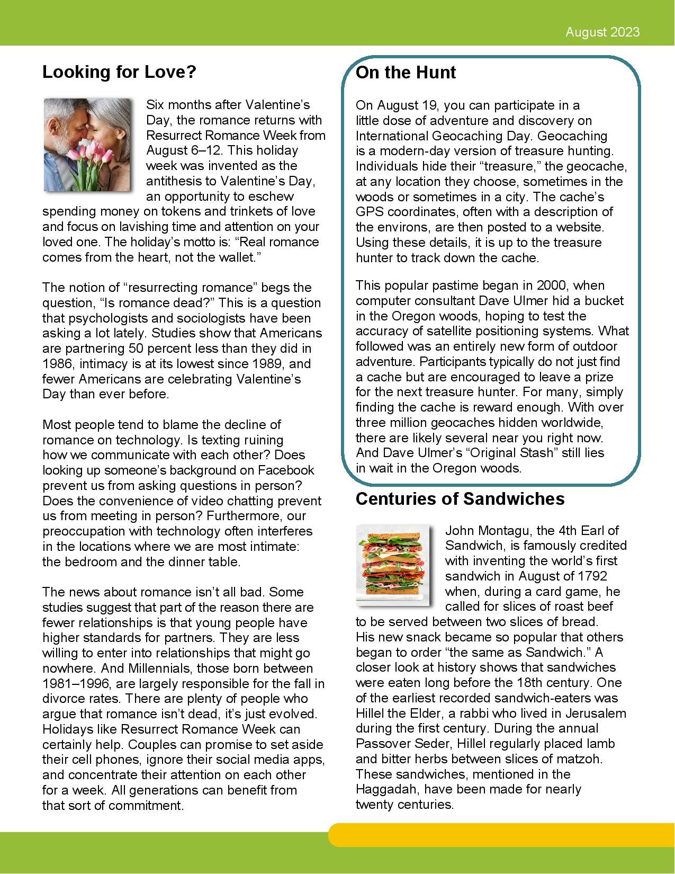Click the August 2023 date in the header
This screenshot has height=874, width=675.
click(x=602, y=32)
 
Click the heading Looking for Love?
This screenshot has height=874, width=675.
click(x=119, y=72)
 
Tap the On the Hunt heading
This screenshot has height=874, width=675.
click(x=406, y=72)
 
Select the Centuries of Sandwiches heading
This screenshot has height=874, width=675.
click(x=460, y=499)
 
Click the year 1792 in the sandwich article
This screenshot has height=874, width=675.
click(x=591, y=576)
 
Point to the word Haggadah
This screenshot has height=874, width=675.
click(x=388, y=790)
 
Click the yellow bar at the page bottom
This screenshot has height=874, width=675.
click(x=500, y=835)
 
